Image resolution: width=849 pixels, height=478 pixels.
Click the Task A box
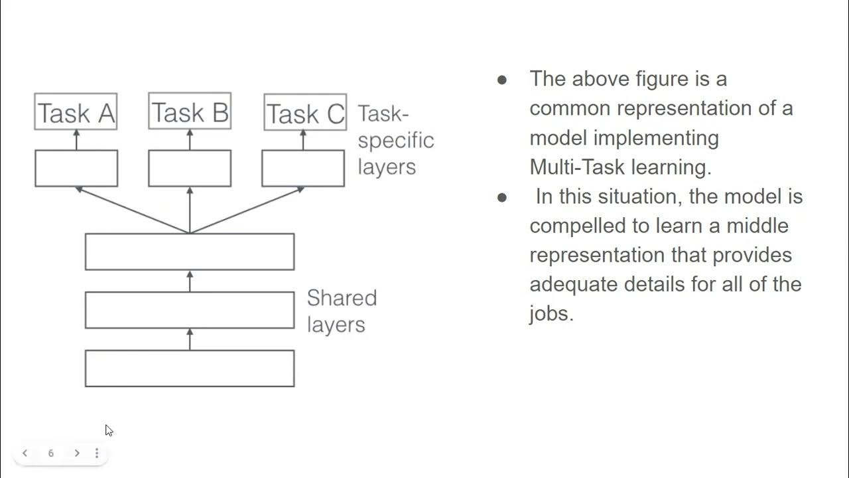click(76, 112)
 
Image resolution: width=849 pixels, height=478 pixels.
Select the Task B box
click(190, 111)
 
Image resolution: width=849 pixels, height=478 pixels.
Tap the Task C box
click(305, 112)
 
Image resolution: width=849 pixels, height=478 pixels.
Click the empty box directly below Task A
click(76, 168)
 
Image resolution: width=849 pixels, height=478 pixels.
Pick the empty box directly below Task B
click(190, 168)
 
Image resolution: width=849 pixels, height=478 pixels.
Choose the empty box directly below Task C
click(303, 168)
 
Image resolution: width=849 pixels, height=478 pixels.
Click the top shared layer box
click(190, 252)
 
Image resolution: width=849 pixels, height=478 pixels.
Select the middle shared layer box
click(190, 310)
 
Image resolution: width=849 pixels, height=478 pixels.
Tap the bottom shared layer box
click(190, 368)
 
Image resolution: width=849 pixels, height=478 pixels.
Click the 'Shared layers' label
click(341, 311)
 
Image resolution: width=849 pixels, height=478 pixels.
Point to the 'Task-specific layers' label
click(395, 140)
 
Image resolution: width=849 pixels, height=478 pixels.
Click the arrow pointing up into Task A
click(76, 139)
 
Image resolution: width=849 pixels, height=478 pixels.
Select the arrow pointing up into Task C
click(303, 139)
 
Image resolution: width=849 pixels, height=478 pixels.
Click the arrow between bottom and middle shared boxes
click(190, 339)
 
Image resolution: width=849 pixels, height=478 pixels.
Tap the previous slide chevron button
click(25, 453)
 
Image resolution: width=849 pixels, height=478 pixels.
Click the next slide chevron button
click(77, 453)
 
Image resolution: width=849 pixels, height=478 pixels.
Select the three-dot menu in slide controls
click(97, 453)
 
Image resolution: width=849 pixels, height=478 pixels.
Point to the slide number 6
click(51, 453)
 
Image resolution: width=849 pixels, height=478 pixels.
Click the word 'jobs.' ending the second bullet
click(551, 313)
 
